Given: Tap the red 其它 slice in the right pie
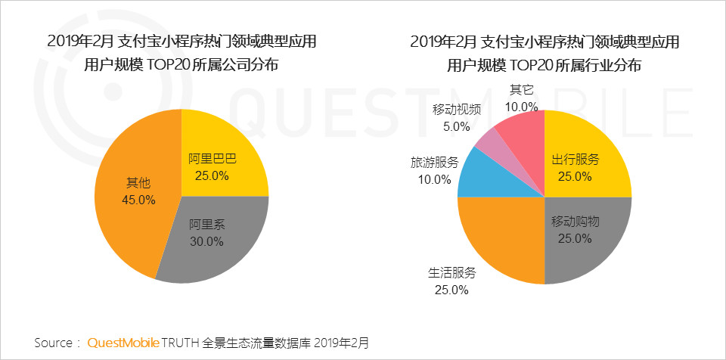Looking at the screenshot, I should (x=522, y=129).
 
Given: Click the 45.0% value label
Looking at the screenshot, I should (x=138, y=200).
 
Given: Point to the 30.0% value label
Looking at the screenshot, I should (x=206, y=242).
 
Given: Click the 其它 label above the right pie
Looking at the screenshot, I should (x=522, y=89).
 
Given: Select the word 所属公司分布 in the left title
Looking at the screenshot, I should (x=235, y=66).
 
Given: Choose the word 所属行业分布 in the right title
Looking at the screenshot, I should (x=599, y=66).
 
